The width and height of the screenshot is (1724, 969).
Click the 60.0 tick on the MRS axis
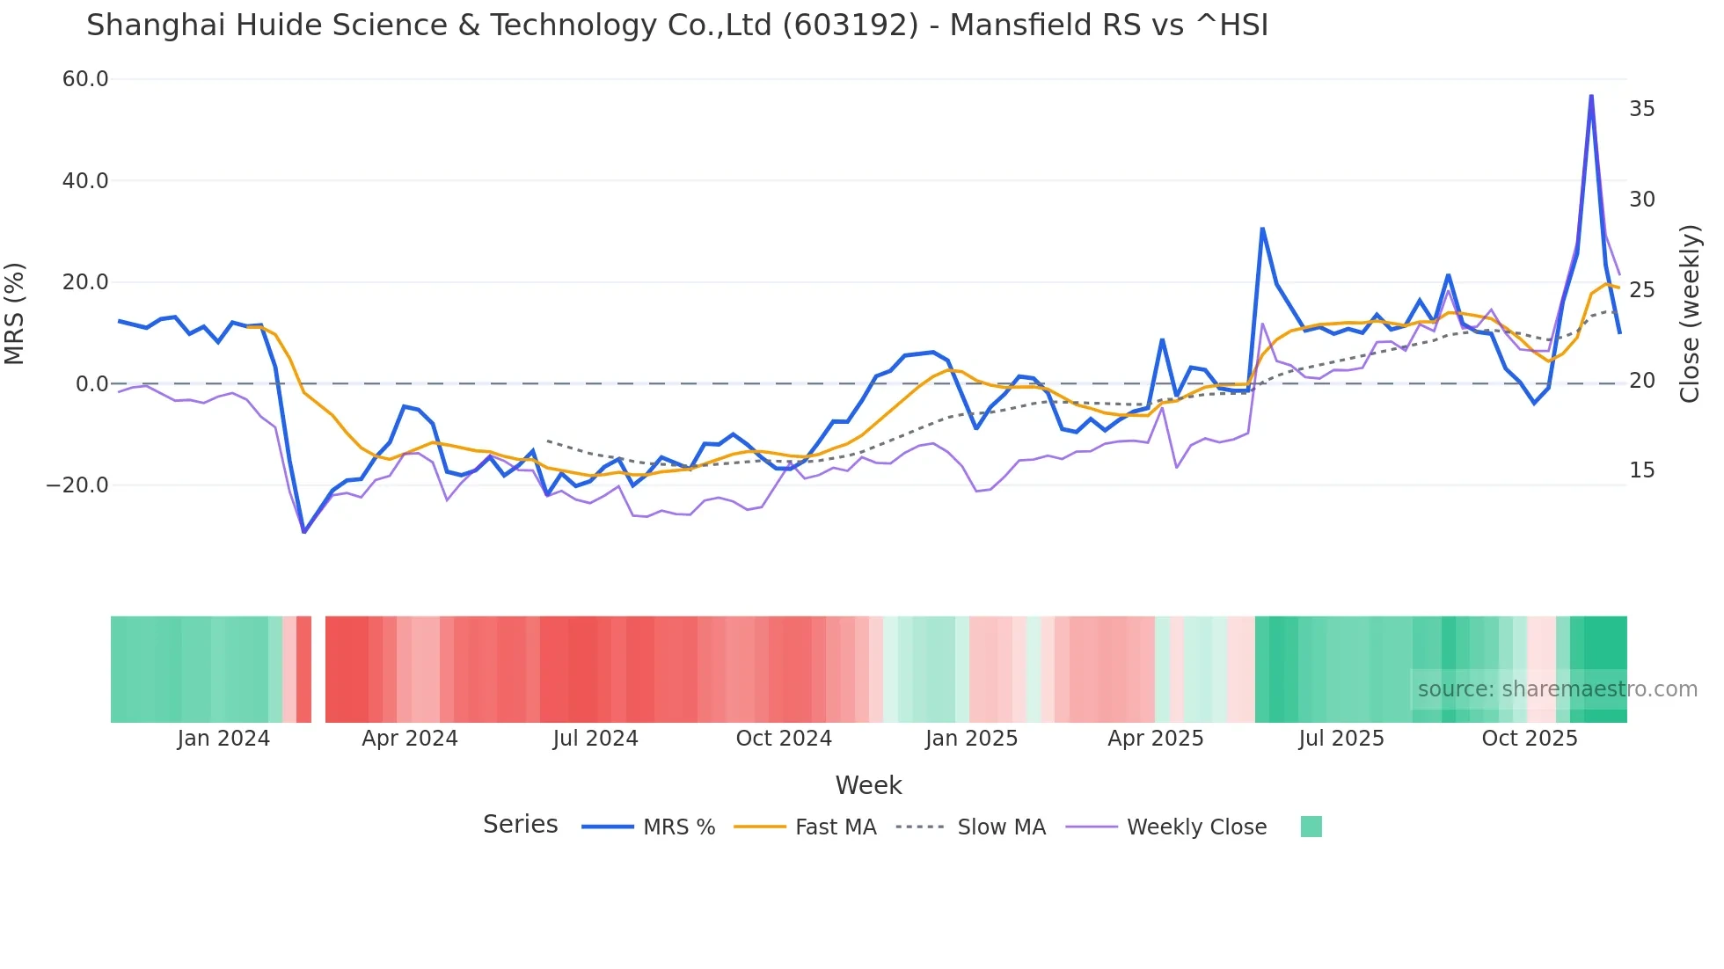pyautogui.click(x=85, y=79)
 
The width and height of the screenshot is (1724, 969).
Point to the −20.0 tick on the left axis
pyautogui.click(x=77, y=485)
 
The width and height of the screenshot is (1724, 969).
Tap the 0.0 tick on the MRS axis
pyautogui.click(x=91, y=384)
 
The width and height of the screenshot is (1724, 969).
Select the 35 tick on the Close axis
pyautogui.click(x=1641, y=109)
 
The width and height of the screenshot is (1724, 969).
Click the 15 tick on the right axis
pyautogui.click(x=1641, y=470)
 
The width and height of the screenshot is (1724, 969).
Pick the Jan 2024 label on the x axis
pyautogui.click(x=223, y=739)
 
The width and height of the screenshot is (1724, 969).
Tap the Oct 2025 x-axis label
pyautogui.click(x=1530, y=739)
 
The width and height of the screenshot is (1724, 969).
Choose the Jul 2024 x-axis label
pyautogui.click(x=595, y=739)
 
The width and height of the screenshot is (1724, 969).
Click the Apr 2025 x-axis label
pyautogui.click(x=1155, y=739)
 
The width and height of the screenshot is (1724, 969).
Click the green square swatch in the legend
pyautogui.click(x=1311, y=827)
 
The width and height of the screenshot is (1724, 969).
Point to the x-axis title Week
pyautogui.click(x=868, y=785)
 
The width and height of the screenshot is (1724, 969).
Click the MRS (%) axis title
pyautogui.click(x=15, y=313)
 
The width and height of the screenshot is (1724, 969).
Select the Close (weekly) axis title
pyautogui.click(x=1690, y=313)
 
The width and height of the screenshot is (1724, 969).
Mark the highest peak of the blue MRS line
pyautogui.click(x=1591, y=96)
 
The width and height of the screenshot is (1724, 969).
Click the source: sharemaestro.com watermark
pyautogui.click(x=1557, y=689)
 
